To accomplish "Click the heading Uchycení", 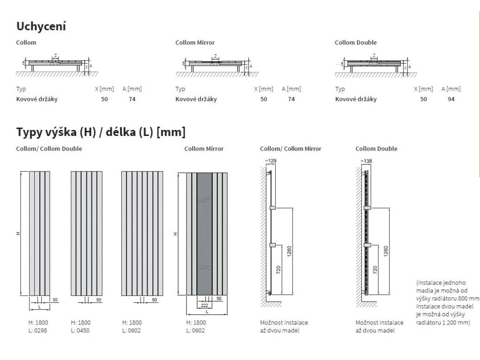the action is pyautogui.click(x=41, y=26).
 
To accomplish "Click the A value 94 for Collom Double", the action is pyautogui.click(x=451, y=99).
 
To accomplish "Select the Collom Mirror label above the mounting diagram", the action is pyautogui.click(x=195, y=43).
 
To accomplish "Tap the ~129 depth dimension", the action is pyautogui.click(x=270, y=161).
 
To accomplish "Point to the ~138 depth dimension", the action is pyautogui.click(x=366, y=161).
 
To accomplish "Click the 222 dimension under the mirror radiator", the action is pyautogui.click(x=204, y=305).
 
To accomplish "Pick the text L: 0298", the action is pyautogui.click(x=38, y=330).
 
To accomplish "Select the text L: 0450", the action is pyautogui.click(x=80, y=330).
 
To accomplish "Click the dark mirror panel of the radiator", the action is pyautogui.click(x=204, y=234).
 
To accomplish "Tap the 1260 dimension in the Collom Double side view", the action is pyautogui.click(x=386, y=251).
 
